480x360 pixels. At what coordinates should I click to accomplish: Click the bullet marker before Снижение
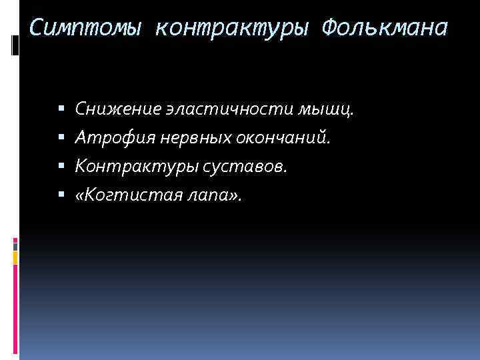61,109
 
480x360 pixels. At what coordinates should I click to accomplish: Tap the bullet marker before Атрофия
61,137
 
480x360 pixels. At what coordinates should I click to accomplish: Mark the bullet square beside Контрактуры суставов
61,167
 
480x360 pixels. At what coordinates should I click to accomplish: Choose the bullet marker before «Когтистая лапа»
61,195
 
